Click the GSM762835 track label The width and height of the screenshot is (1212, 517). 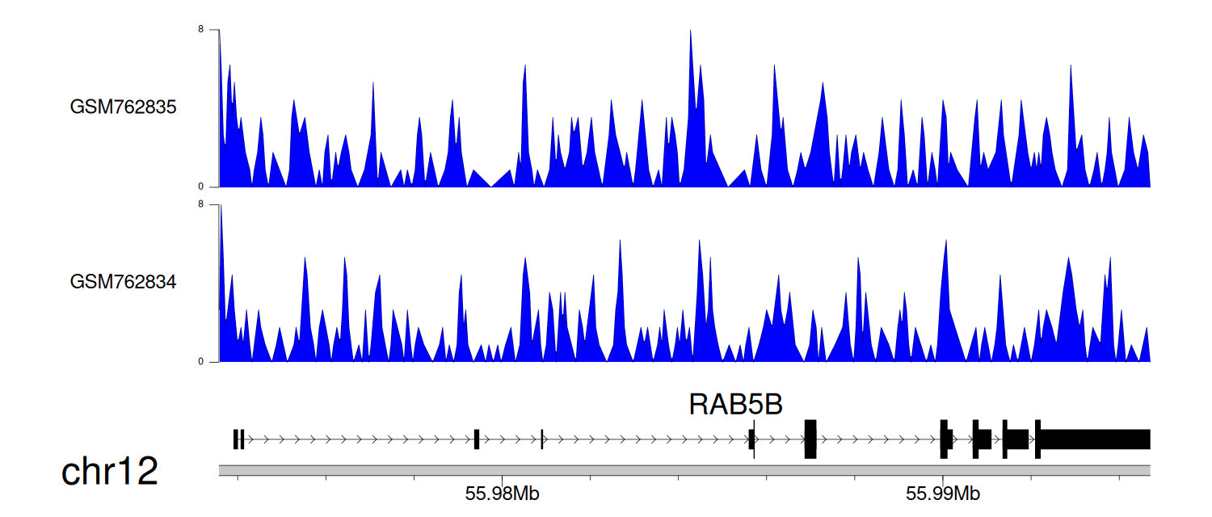coord(123,107)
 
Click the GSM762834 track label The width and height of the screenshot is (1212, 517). coord(123,282)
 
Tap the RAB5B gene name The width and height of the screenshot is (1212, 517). coord(735,404)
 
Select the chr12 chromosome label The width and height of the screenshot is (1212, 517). coord(109,471)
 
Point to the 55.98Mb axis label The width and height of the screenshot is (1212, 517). coord(502,494)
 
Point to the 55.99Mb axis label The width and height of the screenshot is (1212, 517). coord(943,494)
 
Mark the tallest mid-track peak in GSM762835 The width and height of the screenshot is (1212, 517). coord(690,32)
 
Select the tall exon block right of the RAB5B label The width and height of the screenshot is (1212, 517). coord(810,439)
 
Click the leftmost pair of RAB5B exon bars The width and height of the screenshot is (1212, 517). coord(238,439)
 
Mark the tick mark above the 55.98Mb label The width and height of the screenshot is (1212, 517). coord(502,479)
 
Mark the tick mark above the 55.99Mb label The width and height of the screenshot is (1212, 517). coord(943,479)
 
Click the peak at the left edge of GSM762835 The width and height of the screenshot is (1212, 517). coord(220,32)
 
